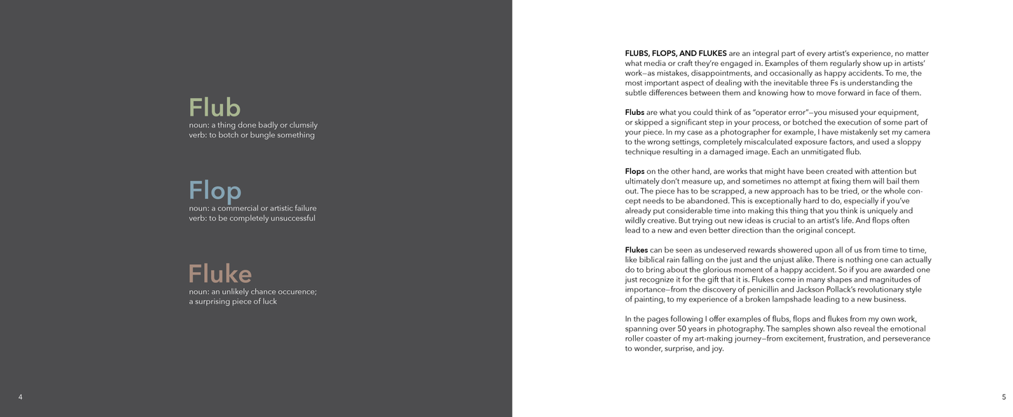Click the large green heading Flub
(215, 108)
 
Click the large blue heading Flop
(215, 191)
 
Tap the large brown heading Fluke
(220, 273)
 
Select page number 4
(20, 397)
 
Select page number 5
(1004, 397)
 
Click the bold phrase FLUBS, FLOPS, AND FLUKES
(675, 53)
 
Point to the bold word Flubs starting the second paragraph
(634, 112)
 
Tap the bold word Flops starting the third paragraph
(634, 171)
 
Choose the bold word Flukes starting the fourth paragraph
(636, 249)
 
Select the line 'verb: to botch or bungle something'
(252, 135)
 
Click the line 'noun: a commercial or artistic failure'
(252, 208)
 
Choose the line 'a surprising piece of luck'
(233, 301)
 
